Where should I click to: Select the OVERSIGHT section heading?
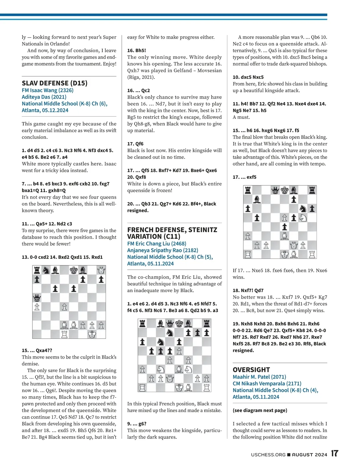click(251, 370)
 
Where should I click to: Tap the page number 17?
click(335, 453)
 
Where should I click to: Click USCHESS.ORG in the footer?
click(268, 455)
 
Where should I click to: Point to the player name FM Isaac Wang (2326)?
click(47, 90)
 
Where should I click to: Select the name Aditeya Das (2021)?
click(44, 97)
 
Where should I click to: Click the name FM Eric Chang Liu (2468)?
click(157, 243)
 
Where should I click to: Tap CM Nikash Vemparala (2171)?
click(267, 383)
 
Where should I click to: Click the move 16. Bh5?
click(136, 50)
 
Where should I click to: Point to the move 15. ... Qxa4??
click(37, 350)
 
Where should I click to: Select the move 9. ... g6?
click(137, 424)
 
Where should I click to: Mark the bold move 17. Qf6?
click(135, 144)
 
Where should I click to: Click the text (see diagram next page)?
click(260, 410)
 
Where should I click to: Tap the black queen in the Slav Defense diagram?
click(37, 298)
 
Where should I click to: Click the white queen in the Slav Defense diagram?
click(101, 270)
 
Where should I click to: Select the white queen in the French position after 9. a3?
click(170, 378)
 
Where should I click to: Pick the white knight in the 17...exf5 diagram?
click(303, 217)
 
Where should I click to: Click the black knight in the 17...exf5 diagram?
click(303, 208)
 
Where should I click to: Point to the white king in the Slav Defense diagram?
click(92, 334)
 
